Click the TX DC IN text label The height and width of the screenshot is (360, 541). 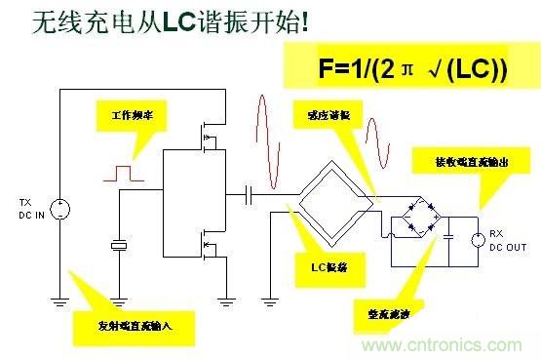(26, 208)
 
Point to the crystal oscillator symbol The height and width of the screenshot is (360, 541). (118, 246)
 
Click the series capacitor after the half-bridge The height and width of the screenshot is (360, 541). (251, 194)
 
